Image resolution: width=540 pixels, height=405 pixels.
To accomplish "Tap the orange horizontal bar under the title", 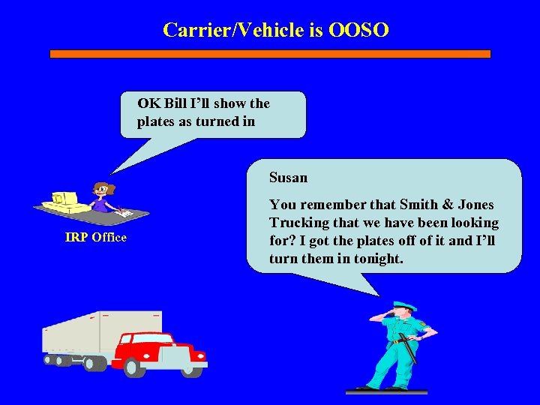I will [x=270, y=54].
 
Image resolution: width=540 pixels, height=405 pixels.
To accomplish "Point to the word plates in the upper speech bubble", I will [x=156, y=121].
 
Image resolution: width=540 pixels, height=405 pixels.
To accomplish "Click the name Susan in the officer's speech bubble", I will [x=289, y=178].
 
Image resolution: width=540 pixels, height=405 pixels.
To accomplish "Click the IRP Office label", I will [x=96, y=238].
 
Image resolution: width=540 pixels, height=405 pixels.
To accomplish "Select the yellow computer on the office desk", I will [x=60, y=200].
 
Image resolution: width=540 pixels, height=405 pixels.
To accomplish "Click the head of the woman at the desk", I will [x=100, y=190].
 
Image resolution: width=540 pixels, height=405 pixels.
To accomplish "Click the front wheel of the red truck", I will [x=135, y=367].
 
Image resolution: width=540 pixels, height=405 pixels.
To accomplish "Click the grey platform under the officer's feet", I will [x=386, y=391].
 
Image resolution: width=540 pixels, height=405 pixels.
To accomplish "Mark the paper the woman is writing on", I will [x=124, y=214].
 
